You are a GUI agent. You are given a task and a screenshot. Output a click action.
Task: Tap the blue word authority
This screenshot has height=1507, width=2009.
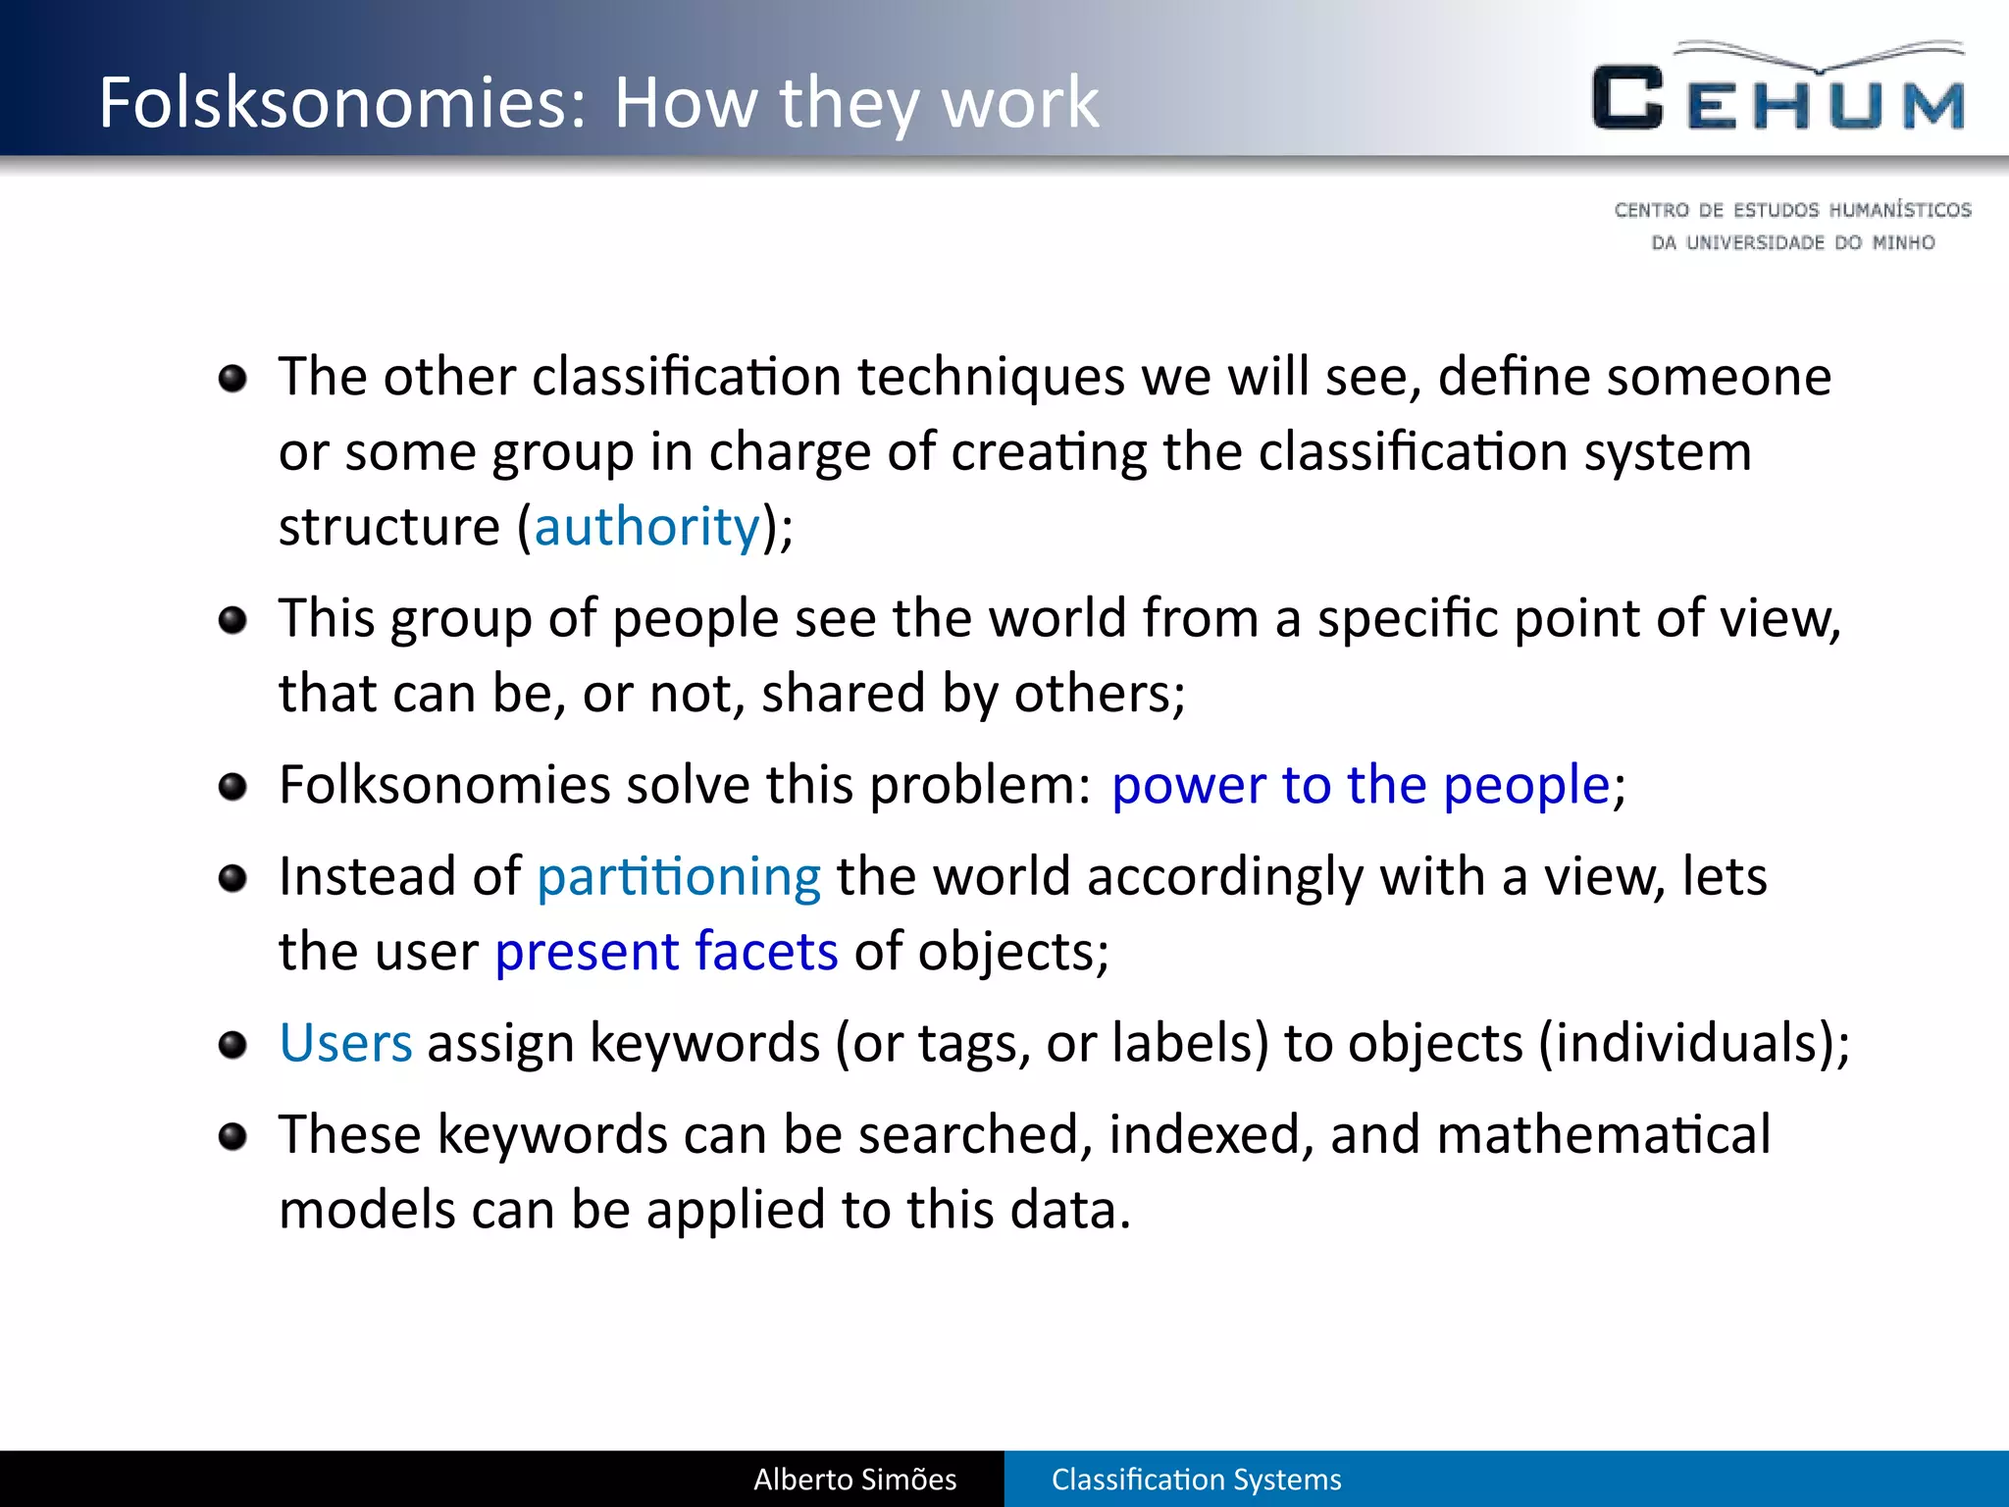coord(646,527)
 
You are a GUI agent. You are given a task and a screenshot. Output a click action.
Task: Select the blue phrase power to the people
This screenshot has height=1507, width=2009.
coord(1361,785)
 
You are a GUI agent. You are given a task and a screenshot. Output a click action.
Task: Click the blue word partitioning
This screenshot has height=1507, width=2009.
coord(678,876)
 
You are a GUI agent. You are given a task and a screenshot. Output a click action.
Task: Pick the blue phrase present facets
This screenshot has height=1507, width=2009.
coord(666,952)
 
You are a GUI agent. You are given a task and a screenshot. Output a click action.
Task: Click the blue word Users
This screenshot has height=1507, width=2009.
coord(345,1043)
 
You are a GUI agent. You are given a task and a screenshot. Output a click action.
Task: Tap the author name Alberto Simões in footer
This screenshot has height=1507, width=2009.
coord(854,1480)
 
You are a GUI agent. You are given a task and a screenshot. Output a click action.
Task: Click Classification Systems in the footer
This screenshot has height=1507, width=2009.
coord(1196,1480)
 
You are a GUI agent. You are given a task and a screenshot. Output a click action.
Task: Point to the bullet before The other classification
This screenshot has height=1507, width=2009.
coord(232,378)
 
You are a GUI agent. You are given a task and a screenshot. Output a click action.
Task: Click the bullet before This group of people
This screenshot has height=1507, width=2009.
coord(232,620)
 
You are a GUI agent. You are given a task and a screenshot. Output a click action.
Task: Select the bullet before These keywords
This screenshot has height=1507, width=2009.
coord(232,1136)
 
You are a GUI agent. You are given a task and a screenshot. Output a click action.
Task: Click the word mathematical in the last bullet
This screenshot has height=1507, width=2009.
coord(1603,1135)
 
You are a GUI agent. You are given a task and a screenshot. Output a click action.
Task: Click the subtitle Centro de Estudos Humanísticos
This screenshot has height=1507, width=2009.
coord(1792,210)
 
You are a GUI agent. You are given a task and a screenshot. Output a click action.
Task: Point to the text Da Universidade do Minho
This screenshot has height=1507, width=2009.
coord(1792,242)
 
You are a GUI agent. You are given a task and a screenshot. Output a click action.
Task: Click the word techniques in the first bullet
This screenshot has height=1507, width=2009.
coord(991,378)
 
